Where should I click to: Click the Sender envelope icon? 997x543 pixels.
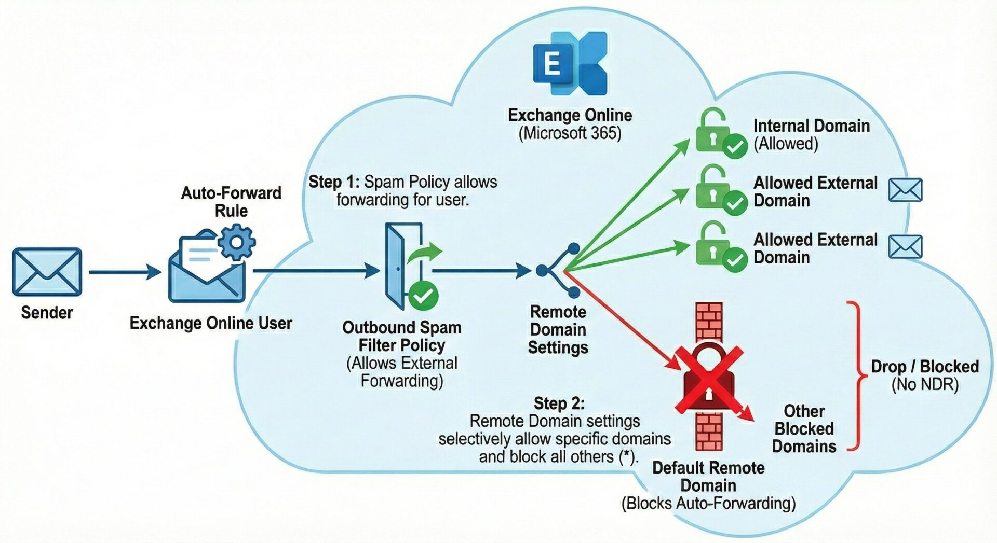pyautogui.click(x=47, y=272)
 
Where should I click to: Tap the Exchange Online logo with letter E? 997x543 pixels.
pyautogui.click(x=570, y=63)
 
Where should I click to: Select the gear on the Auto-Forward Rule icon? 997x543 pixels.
pyautogui.click(x=236, y=242)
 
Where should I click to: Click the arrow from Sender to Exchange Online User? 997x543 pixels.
pyautogui.click(x=125, y=271)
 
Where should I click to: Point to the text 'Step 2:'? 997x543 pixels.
pyautogui.click(x=559, y=403)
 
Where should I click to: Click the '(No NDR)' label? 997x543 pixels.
pyautogui.click(x=924, y=385)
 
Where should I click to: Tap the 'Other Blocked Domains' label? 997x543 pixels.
pyautogui.click(x=804, y=429)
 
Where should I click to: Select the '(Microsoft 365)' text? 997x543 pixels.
pyautogui.click(x=570, y=133)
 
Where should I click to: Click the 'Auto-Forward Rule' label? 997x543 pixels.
pyautogui.click(x=231, y=202)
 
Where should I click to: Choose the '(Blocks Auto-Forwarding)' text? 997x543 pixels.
pyautogui.click(x=708, y=503)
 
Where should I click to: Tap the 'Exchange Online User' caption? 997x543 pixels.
pyautogui.click(x=210, y=323)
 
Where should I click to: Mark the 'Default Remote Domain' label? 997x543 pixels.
pyautogui.click(x=708, y=477)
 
